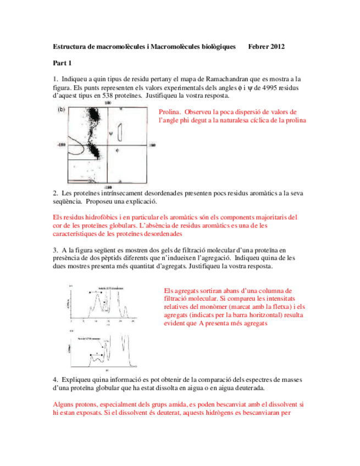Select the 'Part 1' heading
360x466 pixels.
(x=62, y=63)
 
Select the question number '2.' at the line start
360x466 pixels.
(x=56, y=193)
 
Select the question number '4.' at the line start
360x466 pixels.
(x=56, y=380)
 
